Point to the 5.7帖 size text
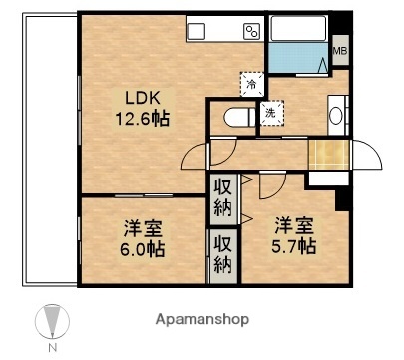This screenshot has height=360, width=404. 296,245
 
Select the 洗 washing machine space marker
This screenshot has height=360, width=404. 270,112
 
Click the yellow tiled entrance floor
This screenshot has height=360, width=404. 326,156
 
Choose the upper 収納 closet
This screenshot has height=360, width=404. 220,196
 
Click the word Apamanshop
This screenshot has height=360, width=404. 202,321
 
